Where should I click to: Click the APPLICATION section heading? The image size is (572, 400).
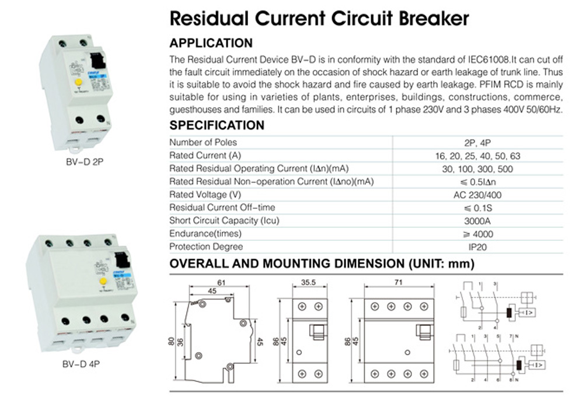[x=211, y=43]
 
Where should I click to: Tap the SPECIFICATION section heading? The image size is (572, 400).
[x=217, y=125]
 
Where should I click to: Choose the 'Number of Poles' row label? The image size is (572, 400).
[x=203, y=142]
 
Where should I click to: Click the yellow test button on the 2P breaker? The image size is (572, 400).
[x=78, y=83]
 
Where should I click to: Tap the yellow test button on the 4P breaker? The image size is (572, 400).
[x=103, y=281]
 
